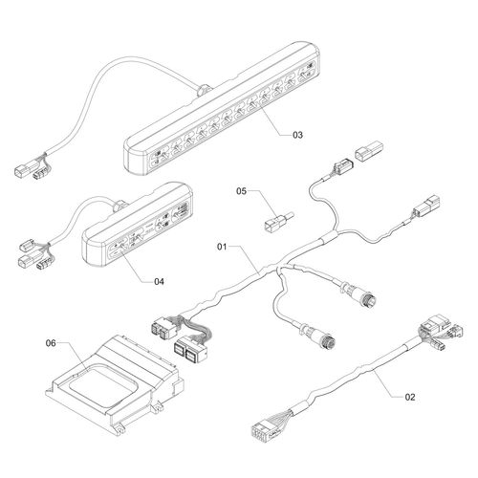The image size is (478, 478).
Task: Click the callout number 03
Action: tap(297, 136)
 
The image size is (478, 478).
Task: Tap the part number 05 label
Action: tap(241, 191)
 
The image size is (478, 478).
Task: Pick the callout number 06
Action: tap(52, 341)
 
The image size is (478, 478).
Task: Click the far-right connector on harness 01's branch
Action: tap(423, 210)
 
